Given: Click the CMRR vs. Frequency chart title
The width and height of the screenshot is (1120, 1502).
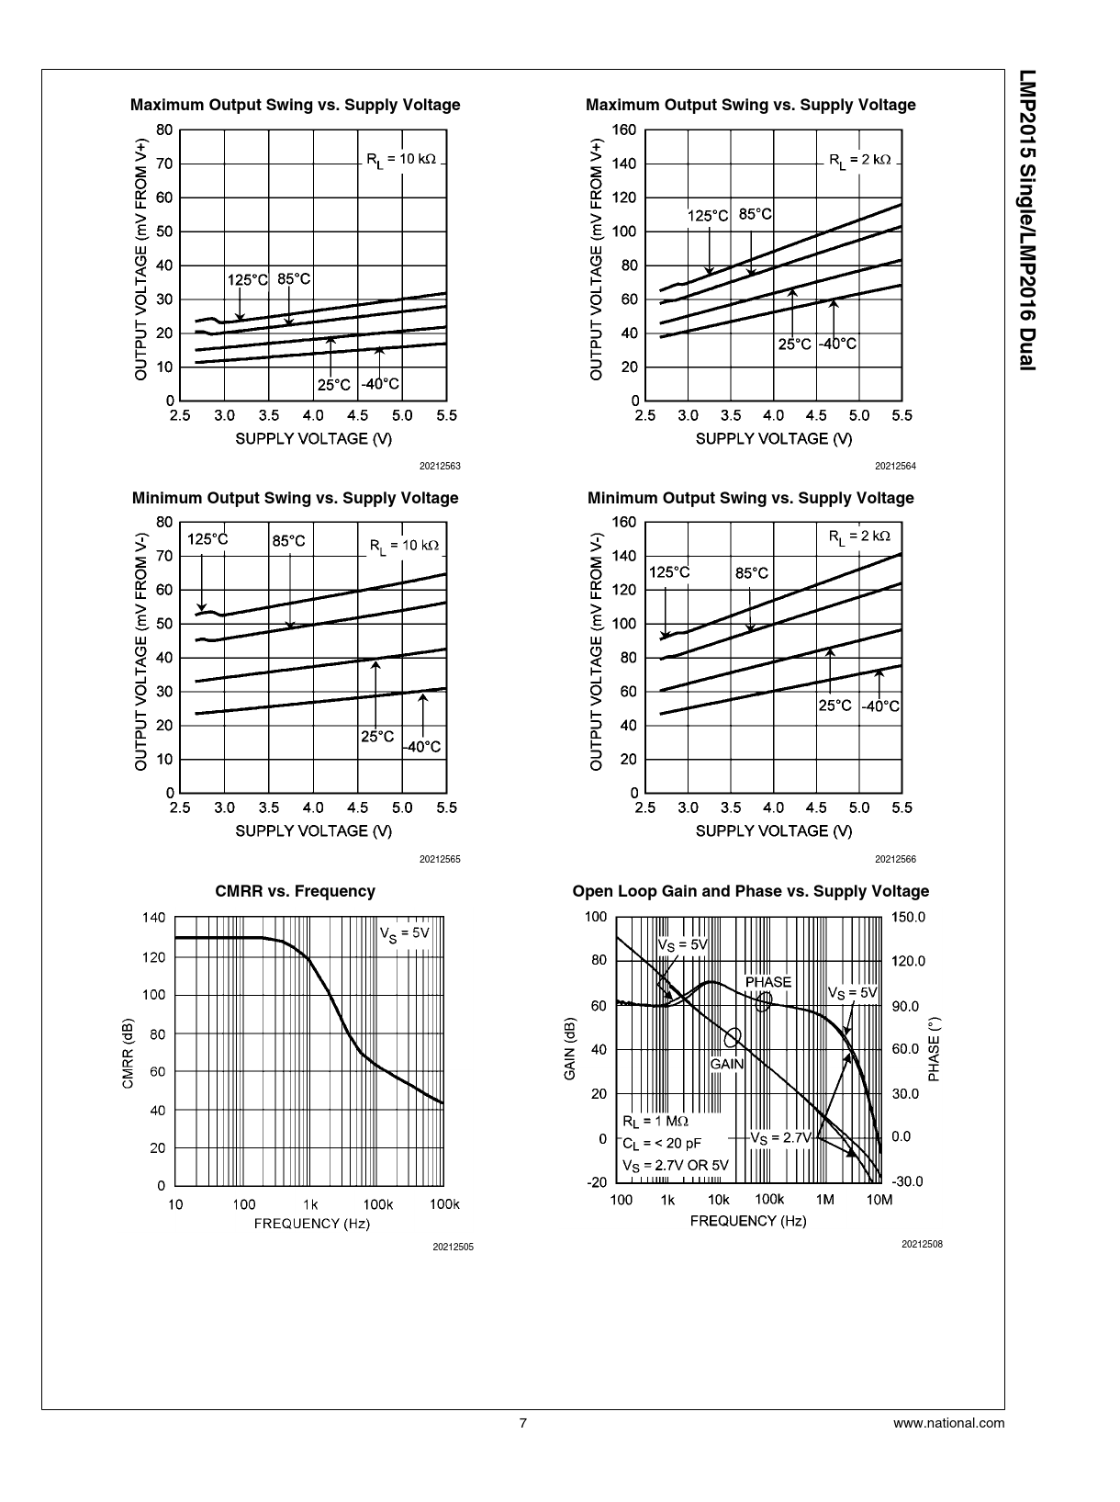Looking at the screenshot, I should (x=295, y=891).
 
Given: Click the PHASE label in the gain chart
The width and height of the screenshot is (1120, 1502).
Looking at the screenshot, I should (x=767, y=982).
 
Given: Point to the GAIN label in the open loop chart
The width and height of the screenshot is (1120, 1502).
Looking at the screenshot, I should (x=727, y=1064).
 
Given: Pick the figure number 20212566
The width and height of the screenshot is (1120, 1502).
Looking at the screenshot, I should (x=895, y=860).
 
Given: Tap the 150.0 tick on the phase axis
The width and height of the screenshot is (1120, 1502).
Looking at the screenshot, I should (x=908, y=918).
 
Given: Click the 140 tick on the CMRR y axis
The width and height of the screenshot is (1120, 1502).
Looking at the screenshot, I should (x=154, y=918).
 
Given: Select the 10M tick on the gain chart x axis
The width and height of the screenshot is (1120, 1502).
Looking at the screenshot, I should (x=879, y=1200).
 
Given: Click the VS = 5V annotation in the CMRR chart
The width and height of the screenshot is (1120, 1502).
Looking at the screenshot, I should (x=404, y=933).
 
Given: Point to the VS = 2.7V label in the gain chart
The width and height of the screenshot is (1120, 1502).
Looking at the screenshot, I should (x=780, y=1137).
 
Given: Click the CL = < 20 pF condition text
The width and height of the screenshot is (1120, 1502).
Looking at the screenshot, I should (x=661, y=1144).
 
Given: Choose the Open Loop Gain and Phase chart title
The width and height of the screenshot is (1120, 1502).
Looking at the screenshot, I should (x=750, y=891).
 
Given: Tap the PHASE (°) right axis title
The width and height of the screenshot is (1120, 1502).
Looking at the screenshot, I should (x=935, y=1048).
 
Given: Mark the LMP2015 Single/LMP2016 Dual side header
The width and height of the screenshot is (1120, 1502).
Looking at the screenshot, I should (x=1026, y=220).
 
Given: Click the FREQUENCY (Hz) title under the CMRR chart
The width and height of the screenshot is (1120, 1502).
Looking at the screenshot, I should (x=311, y=1224).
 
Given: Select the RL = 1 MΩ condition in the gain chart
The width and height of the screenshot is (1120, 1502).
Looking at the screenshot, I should (x=655, y=1121).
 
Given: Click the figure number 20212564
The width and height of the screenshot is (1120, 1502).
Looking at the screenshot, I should (x=895, y=467).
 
